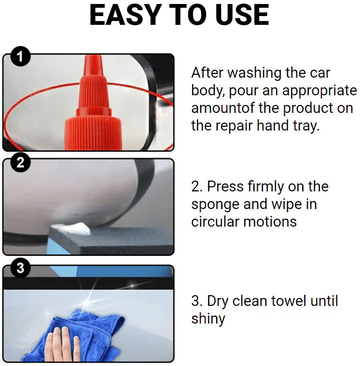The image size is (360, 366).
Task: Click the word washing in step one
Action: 254,73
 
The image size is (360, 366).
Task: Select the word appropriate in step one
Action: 320,91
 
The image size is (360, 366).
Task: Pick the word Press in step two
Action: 225,187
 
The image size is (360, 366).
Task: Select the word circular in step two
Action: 215,221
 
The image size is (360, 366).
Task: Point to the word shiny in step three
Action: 208,319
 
